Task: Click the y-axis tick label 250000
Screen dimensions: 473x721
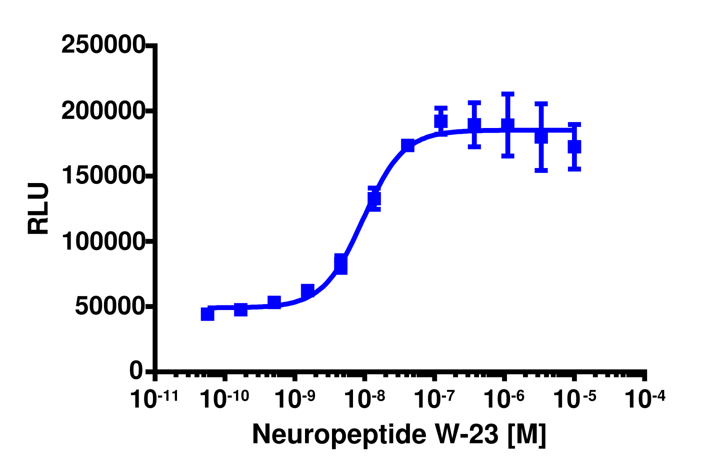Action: tap(103, 45)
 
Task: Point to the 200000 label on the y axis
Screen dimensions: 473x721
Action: tap(103, 111)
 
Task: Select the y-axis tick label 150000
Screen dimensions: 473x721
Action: tap(103, 176)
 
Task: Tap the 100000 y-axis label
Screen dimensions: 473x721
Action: tap(103, 241)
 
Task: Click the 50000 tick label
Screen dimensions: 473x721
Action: tap(110, 307)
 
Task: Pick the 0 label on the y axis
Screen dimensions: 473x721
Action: tap(136, 371)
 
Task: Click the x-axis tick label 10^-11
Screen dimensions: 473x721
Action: tap(153, 399)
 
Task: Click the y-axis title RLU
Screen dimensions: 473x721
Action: tap(39, 208)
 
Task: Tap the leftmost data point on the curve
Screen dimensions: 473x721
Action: tap(207, 314)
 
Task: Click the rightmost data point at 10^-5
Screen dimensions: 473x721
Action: tap(574, 146)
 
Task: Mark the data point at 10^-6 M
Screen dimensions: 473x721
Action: tap(507, 124)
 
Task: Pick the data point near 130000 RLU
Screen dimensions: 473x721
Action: tap(374, 198)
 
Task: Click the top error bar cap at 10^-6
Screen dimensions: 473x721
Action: tap(507, 93)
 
